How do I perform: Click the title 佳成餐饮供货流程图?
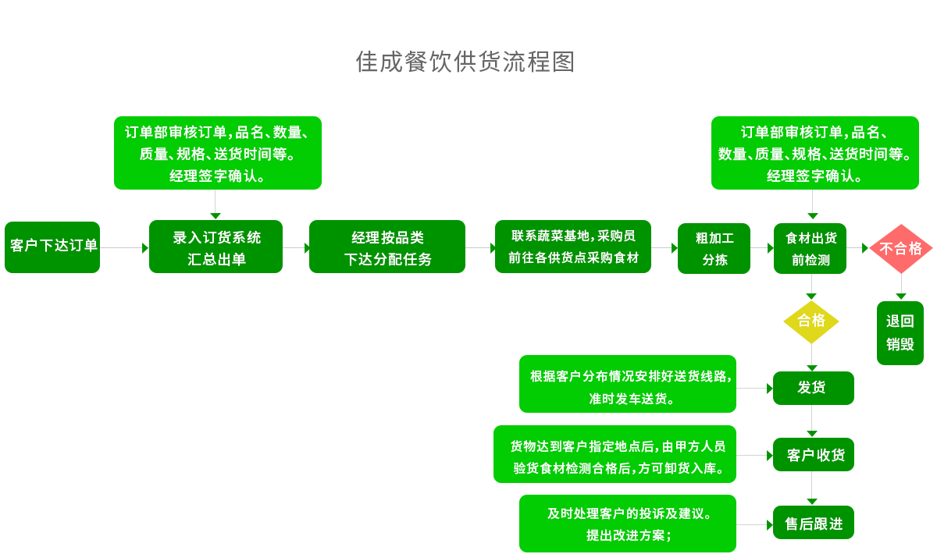coord(465,62)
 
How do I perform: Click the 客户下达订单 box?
coord(52,247)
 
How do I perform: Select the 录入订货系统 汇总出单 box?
coord(216,247)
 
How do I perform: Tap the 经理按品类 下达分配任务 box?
coord(387,247)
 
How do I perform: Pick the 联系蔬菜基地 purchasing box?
coord(573,247)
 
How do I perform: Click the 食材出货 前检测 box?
coord(811,248)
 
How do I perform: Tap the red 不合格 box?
coord(900,248)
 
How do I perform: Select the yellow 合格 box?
coord(811,321)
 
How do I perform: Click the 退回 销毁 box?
coord(900,332)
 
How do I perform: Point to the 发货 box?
coord(813,388)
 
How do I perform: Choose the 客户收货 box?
coord(814,454)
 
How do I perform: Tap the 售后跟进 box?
coord(814,523)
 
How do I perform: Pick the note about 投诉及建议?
coord(628,523)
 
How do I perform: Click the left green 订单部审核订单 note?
coord(217,152)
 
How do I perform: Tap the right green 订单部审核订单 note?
coord(814,152)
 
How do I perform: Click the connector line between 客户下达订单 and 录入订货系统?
coord(121,247)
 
